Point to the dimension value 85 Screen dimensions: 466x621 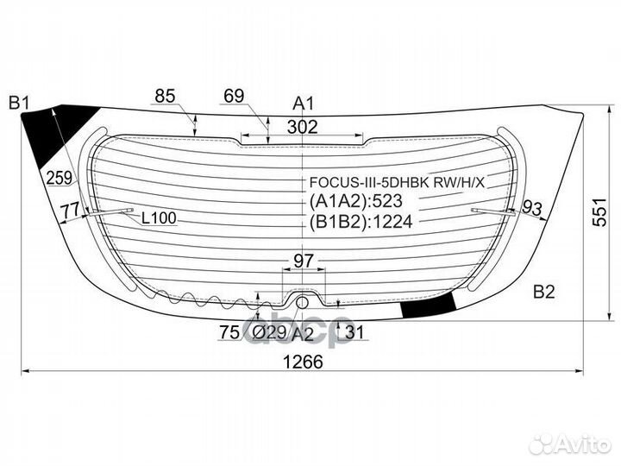click(x=166, y=97)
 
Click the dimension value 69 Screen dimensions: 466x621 click(x=233, y=97)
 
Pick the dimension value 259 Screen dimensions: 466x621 click(x=59, y=179)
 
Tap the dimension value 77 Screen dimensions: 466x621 click(x=70, y=209)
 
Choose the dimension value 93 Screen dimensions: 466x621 click(x=532, y=207)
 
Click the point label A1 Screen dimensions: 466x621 click(x=303, y=104)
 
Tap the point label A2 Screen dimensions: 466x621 click(x=301, y=334)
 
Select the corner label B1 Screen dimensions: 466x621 click(x=19, y=104)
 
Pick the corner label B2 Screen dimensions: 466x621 click(x=543, y=292)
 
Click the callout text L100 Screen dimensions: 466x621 click(x=158, y=218)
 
